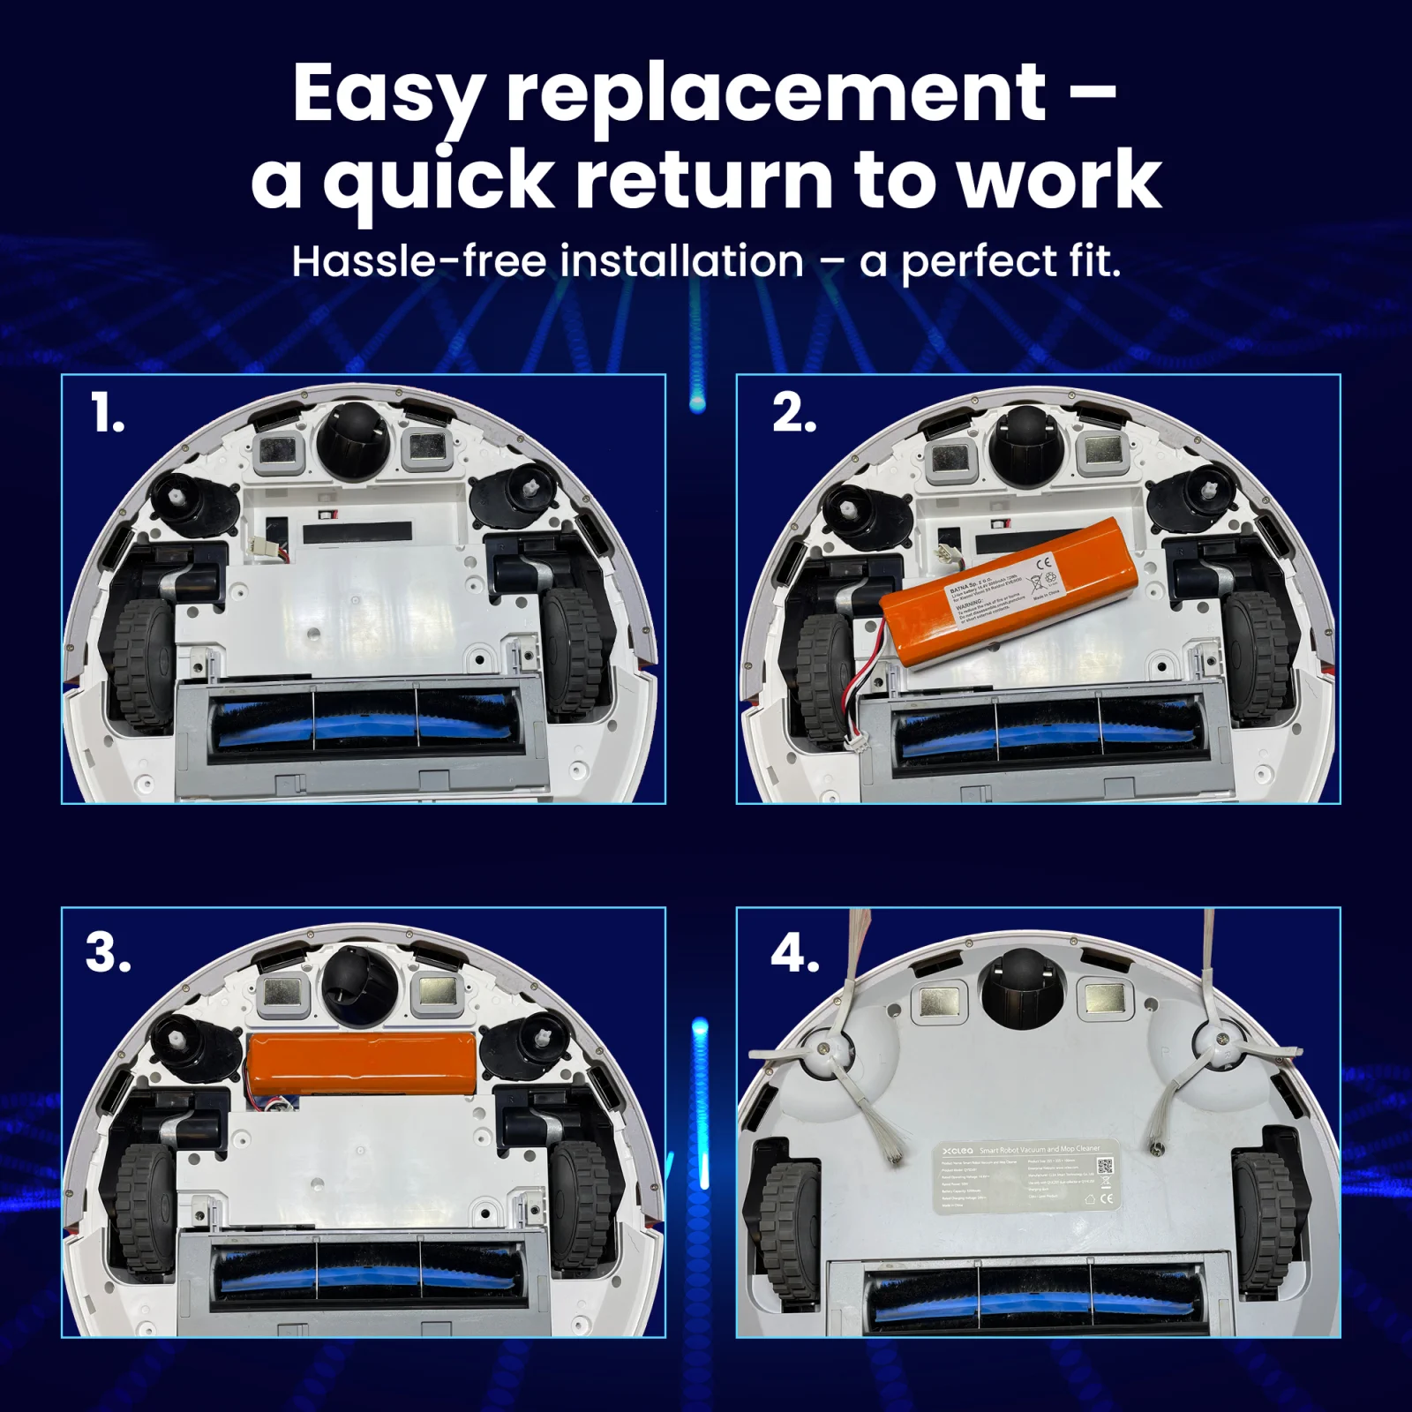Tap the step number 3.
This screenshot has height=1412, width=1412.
[x=108, y=953]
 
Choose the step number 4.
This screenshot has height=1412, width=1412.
[x=794, y=953]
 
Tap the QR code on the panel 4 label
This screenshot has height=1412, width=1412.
[x=1103, y=1166]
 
